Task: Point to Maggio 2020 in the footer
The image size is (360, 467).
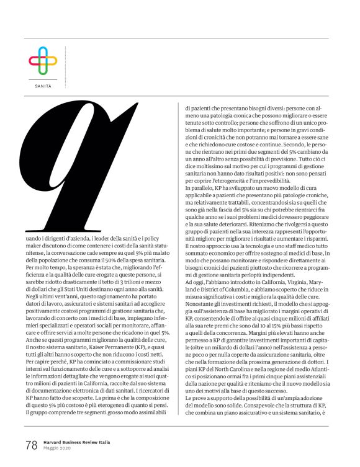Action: click(58, 449)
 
